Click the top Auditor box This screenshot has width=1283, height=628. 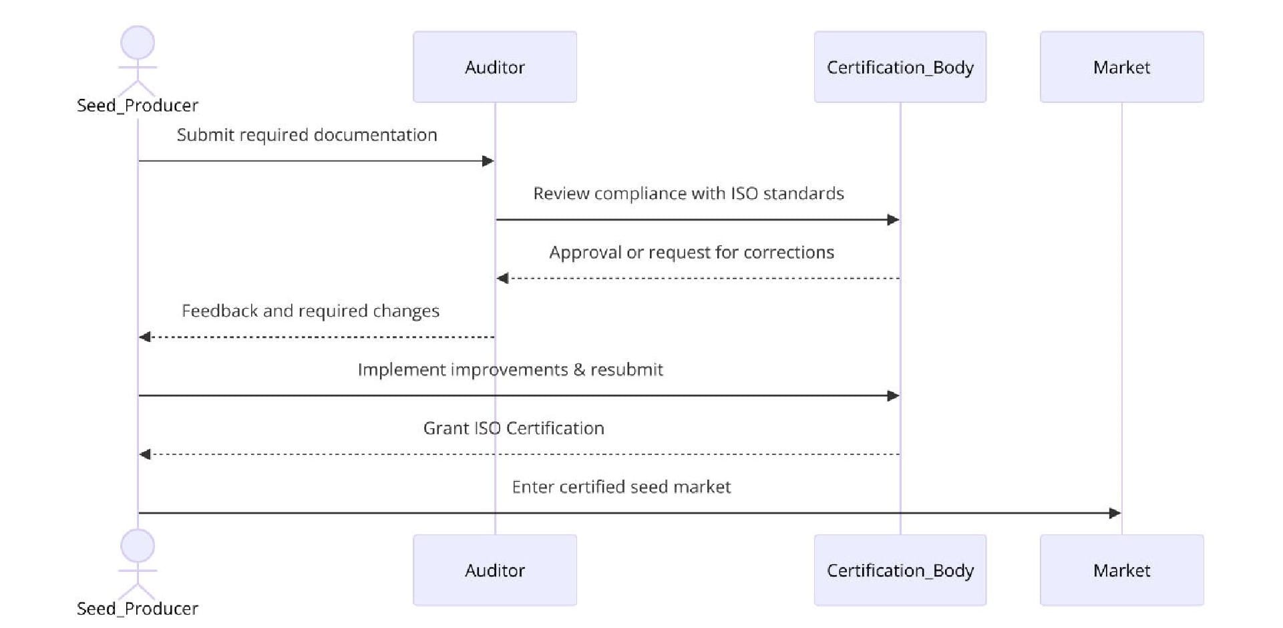coord(494,67)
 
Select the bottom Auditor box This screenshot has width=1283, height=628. coord(494,570)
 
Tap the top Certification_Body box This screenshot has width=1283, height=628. coord(900,67)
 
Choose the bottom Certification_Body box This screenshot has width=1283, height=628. coord(900,570)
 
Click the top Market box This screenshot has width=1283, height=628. coord(1121,67)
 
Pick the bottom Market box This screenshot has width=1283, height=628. coord(1121,570)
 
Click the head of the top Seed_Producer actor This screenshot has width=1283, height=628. coord(138,43)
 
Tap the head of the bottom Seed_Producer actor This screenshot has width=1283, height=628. coord(138,546)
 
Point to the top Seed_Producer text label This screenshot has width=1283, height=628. coord(138,106)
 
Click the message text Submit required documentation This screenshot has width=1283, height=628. coord(307,135)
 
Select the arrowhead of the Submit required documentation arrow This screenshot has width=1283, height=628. coord(488,161)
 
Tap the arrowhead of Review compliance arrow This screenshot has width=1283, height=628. coord(894,220)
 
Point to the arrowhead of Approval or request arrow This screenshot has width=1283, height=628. coord(502,278)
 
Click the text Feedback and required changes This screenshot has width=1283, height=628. coord(311,311)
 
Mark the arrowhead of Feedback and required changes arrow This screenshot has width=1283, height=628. coord(144,337)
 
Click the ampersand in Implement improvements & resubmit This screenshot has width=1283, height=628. coord(579,370)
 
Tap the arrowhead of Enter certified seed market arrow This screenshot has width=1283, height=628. coord(1115,513)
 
